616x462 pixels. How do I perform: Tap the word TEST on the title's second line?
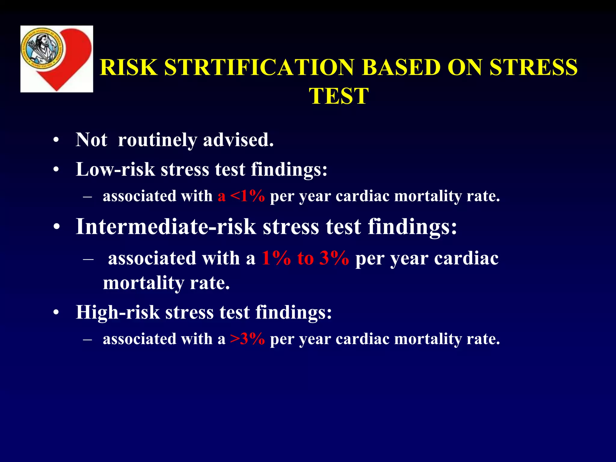(x=339, y=96)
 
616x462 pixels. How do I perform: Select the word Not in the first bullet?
(x=91, y=140)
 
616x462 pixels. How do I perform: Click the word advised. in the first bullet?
(x=238, y=140)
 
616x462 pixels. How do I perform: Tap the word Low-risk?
(x=115, y=169)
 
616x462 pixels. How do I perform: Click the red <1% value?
(x=247, y=196)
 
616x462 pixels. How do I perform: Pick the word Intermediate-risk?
(x=166, y=226)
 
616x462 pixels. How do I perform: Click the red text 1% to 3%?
(x=305, y=258)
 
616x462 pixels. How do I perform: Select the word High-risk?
(x=118, y=312)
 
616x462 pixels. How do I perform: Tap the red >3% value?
(x=247, y=339)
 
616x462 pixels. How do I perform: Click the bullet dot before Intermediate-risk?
(x=57, y=228)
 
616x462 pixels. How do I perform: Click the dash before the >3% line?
(x=88, y=339)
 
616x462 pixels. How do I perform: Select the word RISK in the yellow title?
(x=128, y=67)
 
